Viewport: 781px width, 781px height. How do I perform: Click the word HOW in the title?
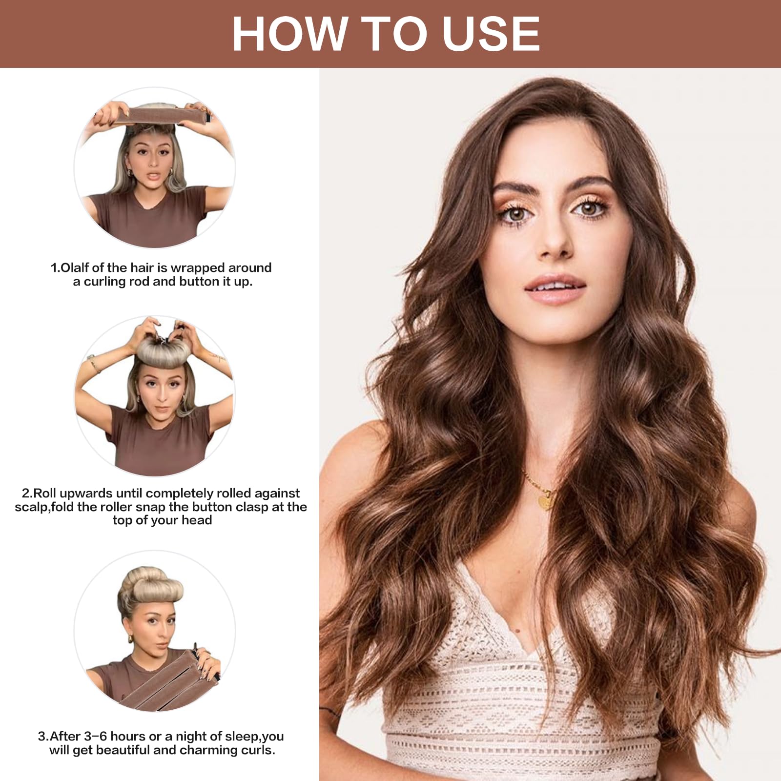289,34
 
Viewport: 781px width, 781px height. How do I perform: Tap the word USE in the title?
491,34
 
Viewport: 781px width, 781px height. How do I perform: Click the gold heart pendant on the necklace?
546,501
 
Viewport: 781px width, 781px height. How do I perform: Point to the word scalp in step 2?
31,508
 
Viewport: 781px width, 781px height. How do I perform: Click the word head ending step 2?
197,520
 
